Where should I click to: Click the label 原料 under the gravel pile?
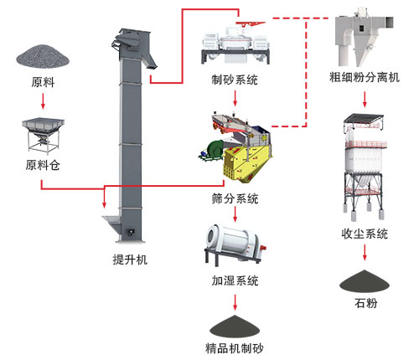[x=43, y=83]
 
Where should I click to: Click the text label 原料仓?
[x=44, y=166]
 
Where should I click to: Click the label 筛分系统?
[x=235, y=199]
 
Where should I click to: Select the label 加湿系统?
[x=235, y=280]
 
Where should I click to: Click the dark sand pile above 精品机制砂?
[x=235, y=322]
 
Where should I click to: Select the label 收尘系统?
[x=365, y=234]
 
